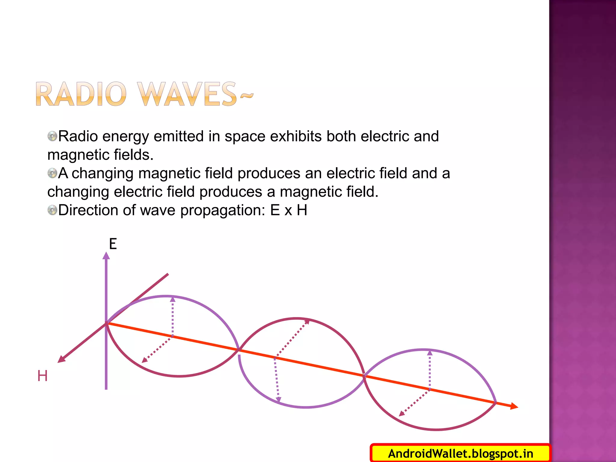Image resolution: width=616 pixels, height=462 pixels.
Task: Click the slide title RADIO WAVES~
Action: pyautogui.click(x=144, y=94)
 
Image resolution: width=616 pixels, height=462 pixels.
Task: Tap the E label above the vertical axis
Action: pyautogui.click(x=113, y=244)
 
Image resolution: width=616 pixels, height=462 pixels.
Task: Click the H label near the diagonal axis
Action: pyautogui.click(x=42, y=376)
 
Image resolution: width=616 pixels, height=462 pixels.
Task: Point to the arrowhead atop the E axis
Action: pyautogui.click(x=106, y=256)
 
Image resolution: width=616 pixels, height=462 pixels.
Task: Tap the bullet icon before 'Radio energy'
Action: pyautogui.click(x=52, y=136)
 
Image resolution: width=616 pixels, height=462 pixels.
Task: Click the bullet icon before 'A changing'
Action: pyautogui.click(x=52, y=173)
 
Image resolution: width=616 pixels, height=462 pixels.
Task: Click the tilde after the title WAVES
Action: pyautogui.click(x=247, y=96)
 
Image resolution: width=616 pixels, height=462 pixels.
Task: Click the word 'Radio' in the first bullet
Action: pyautogui.click(x=78, y=136)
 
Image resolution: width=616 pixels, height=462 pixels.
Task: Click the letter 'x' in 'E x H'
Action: pyautogui.click(x=288, y=211)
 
